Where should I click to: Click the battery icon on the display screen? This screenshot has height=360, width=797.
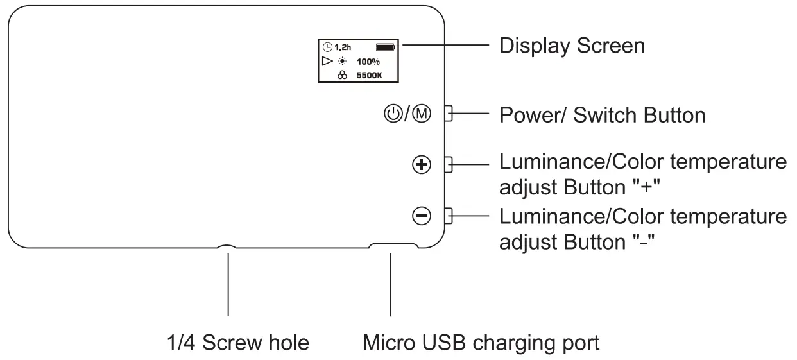tap(385, 47)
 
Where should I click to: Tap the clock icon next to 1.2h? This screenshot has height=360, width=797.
tap(327, 47)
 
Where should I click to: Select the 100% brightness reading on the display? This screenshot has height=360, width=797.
tap(368, 62)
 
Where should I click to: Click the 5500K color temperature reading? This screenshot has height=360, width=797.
tap(369, 76)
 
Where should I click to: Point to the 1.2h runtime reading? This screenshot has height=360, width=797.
tap(343, 47)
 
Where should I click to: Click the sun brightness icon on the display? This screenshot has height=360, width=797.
tap(342, 62)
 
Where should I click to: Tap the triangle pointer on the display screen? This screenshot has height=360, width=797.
tap(327, 61)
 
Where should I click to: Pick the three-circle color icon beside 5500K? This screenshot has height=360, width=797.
tap(342, 75)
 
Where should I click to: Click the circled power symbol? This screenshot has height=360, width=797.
tap(393, 114)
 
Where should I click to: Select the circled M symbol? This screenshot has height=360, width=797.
tap(422, 114)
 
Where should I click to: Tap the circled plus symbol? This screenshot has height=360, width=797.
tap(422, 165)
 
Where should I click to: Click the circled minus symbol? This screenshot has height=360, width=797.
tap(422, 216)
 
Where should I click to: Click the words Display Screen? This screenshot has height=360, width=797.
tap(572, 46)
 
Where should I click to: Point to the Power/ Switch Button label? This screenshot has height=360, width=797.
tap(603, 116)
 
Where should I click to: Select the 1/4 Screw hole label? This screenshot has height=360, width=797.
tap(238, 343)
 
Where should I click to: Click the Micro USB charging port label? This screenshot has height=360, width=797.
tap(481, 343)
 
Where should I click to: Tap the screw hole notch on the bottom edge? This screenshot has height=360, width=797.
tap(227, 246)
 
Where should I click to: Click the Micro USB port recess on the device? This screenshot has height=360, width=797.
tap(393, 245)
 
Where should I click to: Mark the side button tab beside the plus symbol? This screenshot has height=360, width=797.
tap(449, 165)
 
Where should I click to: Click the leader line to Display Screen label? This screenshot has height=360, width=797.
tap(446, 45)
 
